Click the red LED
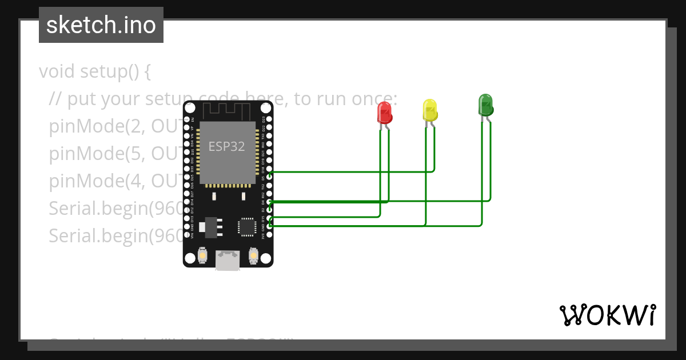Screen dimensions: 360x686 (x=385, y=112)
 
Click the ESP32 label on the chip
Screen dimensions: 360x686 (x=226, y=146)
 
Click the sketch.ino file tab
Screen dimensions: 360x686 (x=101, y=25)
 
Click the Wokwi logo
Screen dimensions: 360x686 (x=607, y=315)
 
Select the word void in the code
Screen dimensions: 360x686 (x=57, y=72)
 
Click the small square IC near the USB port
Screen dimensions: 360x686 (x=248, y=226)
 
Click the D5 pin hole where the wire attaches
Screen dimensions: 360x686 (x=269, y=177)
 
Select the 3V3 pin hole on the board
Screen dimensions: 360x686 (x=269, y=234)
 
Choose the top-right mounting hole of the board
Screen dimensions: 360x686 (x=266, y=107)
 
